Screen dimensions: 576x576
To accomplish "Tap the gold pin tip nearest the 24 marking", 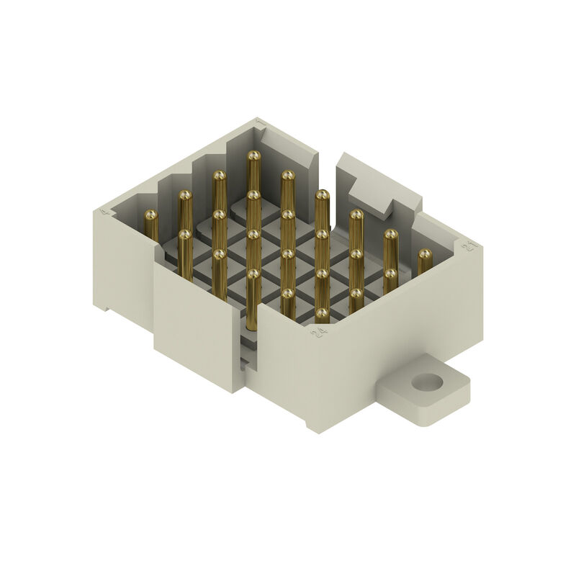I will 322,314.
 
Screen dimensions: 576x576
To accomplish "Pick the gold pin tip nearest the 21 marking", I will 425,255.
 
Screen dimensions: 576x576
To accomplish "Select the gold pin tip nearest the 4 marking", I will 151,215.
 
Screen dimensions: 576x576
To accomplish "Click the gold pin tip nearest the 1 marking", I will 253,155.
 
